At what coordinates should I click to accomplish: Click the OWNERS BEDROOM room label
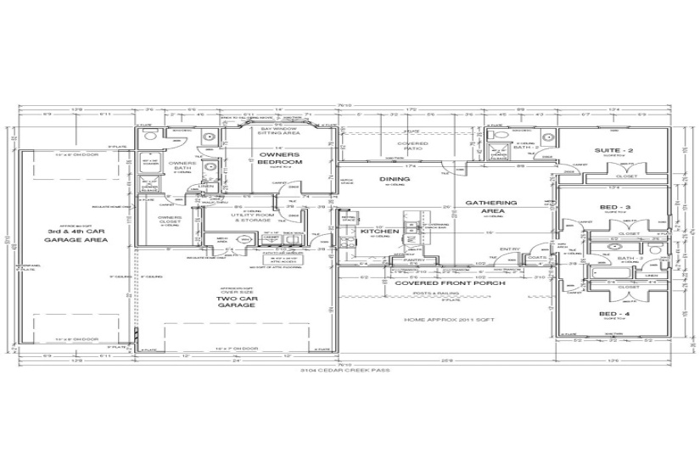tap(280, 158)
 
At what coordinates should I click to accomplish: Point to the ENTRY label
tap(509, 249)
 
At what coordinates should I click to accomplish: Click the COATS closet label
tap(536, 258)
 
